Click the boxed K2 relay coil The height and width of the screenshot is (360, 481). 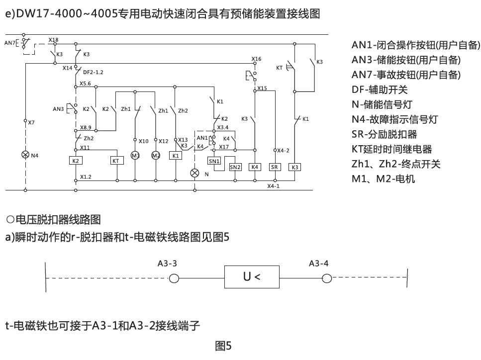pyautogui.click(x=76, y=161)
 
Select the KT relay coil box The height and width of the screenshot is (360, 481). pyautogui.click(x=116, y=161)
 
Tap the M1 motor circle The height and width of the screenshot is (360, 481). pyautogui.click(x=135, y=156)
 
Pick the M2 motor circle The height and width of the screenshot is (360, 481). pyautogui.click(x=156, y=156)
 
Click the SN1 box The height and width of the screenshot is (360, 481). pyautogui.click(x=213, y=161)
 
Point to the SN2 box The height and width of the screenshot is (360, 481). pyautogui.click(x=235, y=167)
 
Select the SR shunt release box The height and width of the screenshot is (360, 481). pyautogui.click(x=275, y=167)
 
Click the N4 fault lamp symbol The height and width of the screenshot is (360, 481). pyautogui.click(x=25, y=155)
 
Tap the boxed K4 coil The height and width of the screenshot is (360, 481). pyautogui.click(x=255, y=167)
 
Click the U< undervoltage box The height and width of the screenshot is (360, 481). pyautogui.click(x=252, y=277)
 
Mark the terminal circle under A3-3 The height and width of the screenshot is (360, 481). pyautogui.click(x=174, y=278)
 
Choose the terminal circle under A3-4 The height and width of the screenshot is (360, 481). pyautogui.click(x=326, y=278)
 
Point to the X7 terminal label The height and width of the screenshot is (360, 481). pyautogui.click(x=32, y=122)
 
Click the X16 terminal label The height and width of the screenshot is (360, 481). pyautogui.click(x=256, y=59)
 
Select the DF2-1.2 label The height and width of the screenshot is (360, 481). pyautogui.click(x=93, y=72)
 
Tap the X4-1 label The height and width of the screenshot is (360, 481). pyautogui.click(x=273, y=186)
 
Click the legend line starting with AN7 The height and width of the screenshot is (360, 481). pyautogui.click(x=406, y=75)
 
